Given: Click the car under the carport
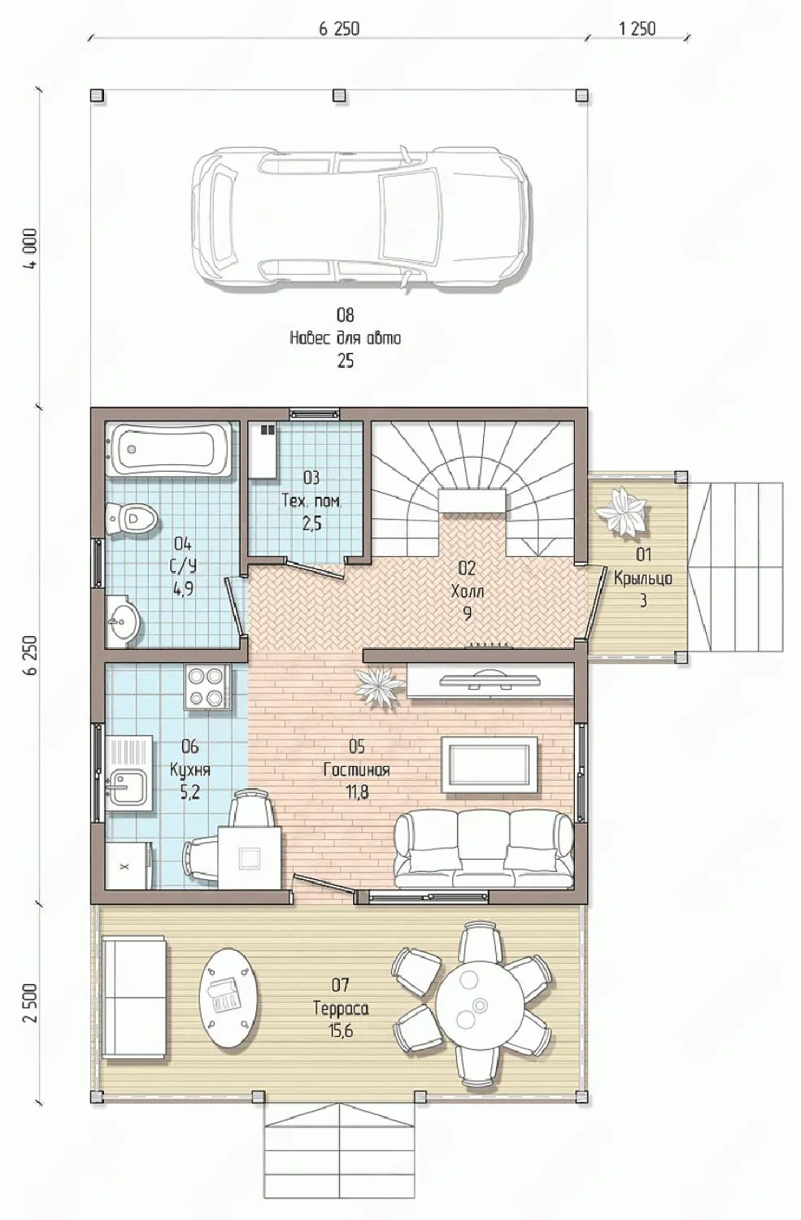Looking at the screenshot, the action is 360,217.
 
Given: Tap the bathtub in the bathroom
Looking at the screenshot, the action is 172,449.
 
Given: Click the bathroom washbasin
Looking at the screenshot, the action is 123,619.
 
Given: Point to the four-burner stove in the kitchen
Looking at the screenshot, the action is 207,686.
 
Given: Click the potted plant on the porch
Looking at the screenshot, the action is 622,512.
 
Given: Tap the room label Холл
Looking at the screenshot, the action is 468,591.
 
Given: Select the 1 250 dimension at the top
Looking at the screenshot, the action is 637,28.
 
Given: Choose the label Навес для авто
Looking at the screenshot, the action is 346,338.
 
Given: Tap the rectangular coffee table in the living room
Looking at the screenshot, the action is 490,765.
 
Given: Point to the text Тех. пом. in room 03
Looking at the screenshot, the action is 311,500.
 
